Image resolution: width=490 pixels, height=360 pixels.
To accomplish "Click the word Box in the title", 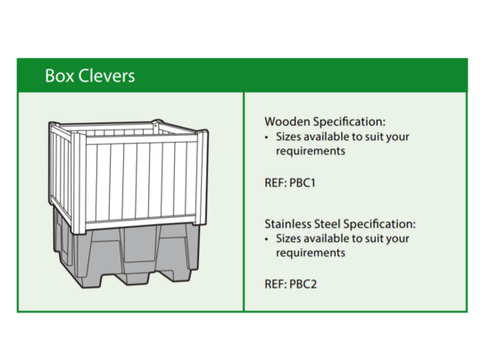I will (x=58, y=76).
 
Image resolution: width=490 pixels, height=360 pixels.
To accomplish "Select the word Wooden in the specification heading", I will (x=287, y=121).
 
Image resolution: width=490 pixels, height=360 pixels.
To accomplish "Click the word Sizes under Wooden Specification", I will (x=289, y=137).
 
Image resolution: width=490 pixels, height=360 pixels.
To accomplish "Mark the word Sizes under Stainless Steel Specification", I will (x=289, y=239).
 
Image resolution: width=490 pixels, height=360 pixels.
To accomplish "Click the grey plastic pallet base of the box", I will (x=125, y=255).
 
